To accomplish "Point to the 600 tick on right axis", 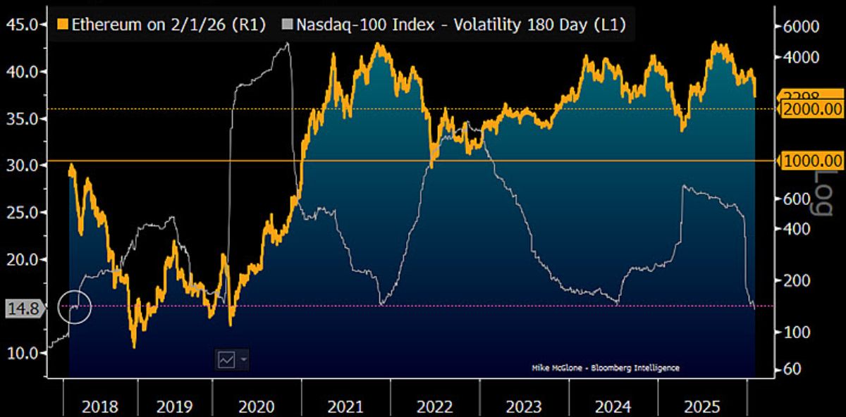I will click(x=801, y=199).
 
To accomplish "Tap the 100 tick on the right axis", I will click(x=801, y=332).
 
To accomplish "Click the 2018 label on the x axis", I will click(x=100, y=406).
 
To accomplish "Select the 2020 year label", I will click(x=255, y=406).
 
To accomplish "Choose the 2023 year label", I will click(x=523, y=406).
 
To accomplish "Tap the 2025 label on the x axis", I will click(x=702, y=406).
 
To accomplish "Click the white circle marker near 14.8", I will click(x=75, y=306).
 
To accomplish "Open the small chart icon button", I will click(x=227, y=359).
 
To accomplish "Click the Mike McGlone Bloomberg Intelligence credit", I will click(x=605, y=368).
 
